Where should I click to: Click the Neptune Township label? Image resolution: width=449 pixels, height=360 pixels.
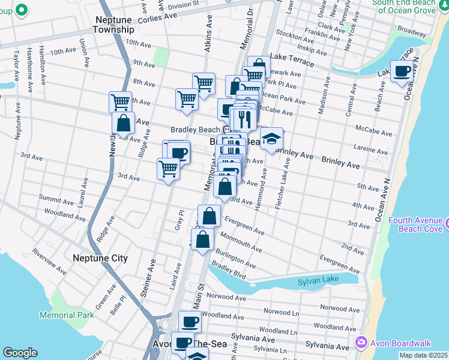pyautogui.click(x=114, y=24)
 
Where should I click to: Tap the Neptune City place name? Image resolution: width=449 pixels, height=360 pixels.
pyautogui.click(x=100, y=258)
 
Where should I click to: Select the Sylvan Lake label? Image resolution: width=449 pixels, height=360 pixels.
pyautogui.click(x=319, y=280)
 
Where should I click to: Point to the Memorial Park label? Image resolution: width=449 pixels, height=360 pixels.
pyautogui.click(x=67, y=315)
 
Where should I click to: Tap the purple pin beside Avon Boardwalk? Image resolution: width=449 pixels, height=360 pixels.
pyautogui.click(x=361, y=343)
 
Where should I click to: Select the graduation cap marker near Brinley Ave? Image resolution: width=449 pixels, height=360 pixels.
pyautogui.click(x=271, y=139)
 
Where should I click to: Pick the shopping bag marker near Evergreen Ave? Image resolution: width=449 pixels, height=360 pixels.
pyautogui.click(x=209, y=216)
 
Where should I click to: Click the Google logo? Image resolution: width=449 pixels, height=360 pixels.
pyautogui.click(x=20, y=353)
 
